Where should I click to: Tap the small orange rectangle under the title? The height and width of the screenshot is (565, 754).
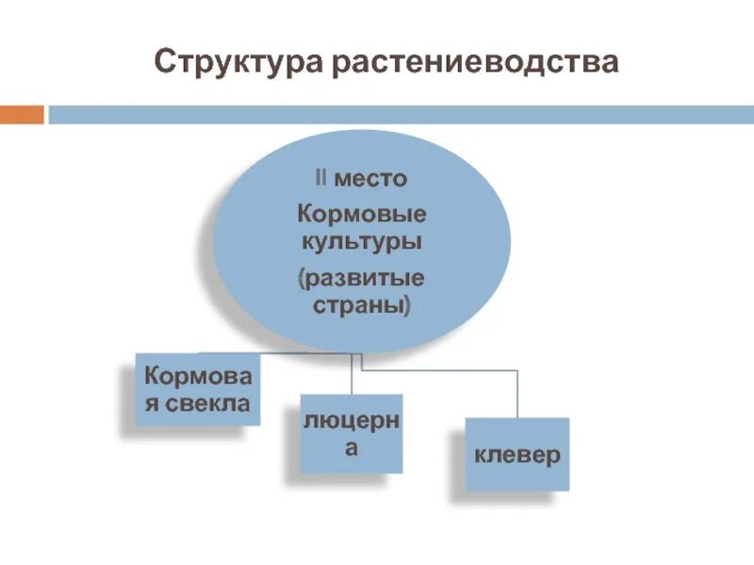point(21,114)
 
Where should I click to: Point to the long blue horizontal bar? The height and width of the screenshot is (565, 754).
point(396,114)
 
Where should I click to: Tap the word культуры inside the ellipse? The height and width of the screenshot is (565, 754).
point(361,241)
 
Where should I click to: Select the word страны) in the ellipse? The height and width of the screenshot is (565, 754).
point(361,307)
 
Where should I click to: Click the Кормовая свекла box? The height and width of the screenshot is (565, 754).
point(198,389)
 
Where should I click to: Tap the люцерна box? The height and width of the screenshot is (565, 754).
point(351,433)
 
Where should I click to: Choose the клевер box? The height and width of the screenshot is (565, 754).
point(516,454)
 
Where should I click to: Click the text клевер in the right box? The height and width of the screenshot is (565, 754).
point(516,455)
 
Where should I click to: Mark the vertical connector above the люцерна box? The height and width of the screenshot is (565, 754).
point(351,374)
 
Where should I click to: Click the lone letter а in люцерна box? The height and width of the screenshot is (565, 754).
point(351,448)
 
